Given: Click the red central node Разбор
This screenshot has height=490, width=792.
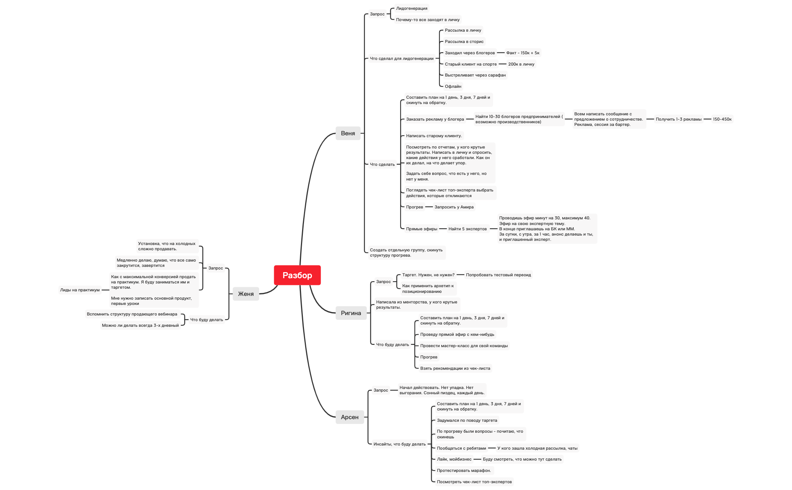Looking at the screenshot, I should [x=297, y=275].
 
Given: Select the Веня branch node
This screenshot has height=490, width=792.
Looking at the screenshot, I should [x=348, y=133].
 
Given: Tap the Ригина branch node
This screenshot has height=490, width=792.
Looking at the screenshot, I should [x=351, y=313].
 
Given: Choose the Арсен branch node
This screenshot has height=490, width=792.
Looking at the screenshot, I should [x=350, y=417].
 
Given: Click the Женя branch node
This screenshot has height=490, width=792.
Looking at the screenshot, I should [x=246, y=294].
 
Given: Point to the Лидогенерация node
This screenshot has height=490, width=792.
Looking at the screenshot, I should [x=411, y=8].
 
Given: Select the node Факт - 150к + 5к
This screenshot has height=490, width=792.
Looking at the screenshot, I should [x=523, y=53].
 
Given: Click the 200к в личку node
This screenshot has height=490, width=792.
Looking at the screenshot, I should [x=521, y=64].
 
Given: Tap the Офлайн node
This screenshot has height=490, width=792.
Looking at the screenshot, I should [x=453, y=86].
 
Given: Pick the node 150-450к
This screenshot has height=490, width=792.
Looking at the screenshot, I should [x=722, y=119].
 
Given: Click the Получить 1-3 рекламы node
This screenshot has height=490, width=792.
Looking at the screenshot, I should [x=678, y=119].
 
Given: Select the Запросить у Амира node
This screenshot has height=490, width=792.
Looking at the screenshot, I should [x=454, y=207].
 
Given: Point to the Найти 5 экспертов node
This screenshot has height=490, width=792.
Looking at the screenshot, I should [x=467, y=229].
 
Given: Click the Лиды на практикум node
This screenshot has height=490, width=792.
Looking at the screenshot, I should [x=80, y=290].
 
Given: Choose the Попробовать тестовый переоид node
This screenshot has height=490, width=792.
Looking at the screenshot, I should [x=498, y=275].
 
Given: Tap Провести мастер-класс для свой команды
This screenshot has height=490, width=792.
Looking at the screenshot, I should [x=464, y=346].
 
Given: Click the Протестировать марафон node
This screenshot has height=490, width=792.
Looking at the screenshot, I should [x=464, y=470].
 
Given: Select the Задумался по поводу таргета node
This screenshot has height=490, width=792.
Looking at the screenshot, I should [x=467, y=420].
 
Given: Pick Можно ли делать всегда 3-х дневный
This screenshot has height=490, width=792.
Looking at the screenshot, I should [x=140, y=325].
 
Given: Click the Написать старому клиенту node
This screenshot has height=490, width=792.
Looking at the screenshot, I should [x=434, y=136].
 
